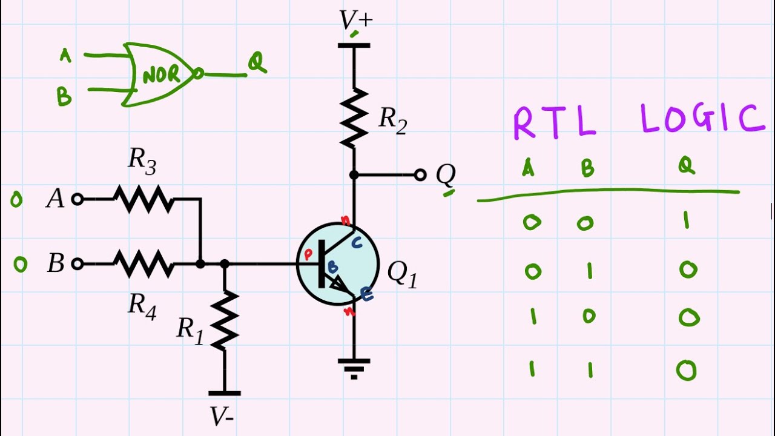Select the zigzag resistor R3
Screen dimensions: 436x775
[143, 199]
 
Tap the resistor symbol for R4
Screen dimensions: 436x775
[143, 264]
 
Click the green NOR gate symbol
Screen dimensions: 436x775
[161, 74]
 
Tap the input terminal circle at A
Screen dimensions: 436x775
[77, 199]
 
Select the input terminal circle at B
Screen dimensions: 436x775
[77, 264]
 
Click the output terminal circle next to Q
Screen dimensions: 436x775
[420, 175]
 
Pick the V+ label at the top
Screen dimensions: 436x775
[355, 21]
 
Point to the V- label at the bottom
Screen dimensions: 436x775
[222, 417]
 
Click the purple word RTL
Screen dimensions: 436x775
[553, 122]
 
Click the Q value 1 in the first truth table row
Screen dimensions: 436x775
[687, 221]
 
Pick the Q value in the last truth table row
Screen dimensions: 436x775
[687, 370]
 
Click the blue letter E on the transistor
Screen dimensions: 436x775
[366, 294]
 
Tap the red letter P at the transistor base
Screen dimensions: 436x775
[308, 254]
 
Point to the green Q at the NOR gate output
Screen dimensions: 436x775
[257, 63]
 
